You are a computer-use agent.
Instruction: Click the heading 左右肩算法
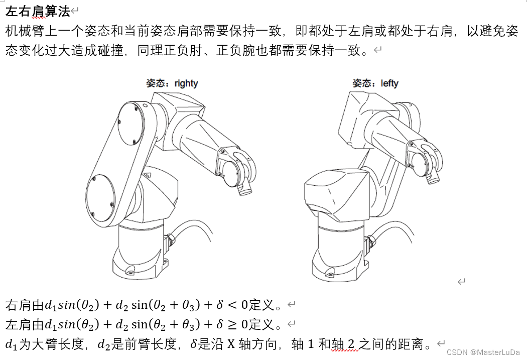37,12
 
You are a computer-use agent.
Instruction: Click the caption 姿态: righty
172,83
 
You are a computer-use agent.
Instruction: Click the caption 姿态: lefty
375,83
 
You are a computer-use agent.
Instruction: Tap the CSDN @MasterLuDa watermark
483,352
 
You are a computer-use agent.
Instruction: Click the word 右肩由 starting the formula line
24,304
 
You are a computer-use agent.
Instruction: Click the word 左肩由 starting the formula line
24,324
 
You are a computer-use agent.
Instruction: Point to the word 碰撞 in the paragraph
110,51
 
